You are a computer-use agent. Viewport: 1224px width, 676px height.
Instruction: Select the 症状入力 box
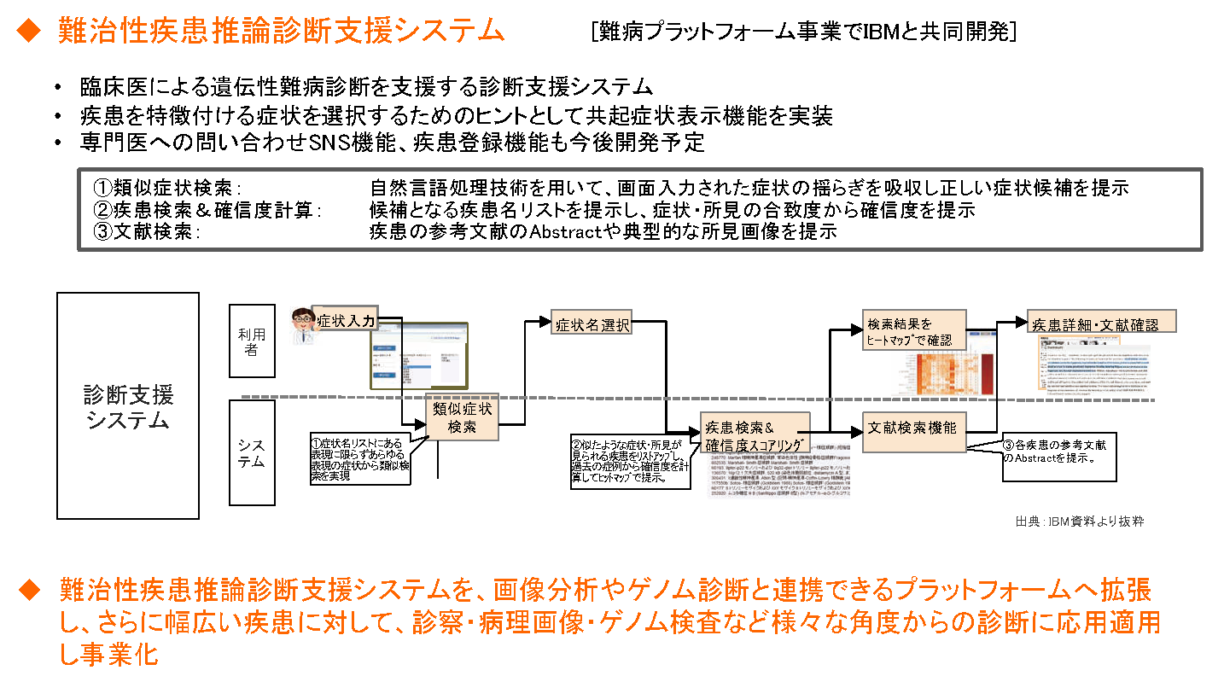click(x=345, y=321)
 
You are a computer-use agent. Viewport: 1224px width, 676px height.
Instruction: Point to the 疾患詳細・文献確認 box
click(x=1101, y=323)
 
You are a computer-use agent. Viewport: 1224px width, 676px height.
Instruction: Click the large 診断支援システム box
click(x=128, y=405)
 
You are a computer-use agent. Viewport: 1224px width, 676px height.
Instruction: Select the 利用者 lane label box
click(x=252, y=341)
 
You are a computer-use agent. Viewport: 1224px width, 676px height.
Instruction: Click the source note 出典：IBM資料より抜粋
click(x=1078, y=521)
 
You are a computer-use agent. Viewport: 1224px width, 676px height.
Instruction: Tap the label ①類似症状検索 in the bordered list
click(x=167, y=188)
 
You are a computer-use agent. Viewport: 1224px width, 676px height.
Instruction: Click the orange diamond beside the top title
click(x=29, y=31)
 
